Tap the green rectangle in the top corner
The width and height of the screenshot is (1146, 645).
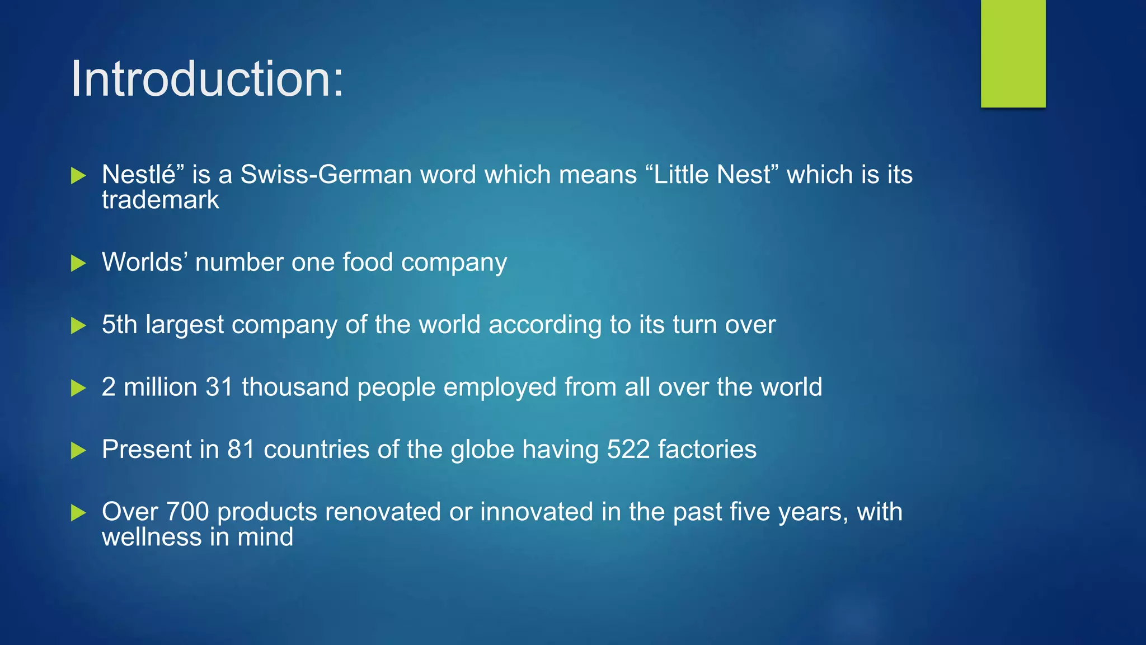[1013, 53]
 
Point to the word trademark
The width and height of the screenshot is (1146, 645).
[160, 200]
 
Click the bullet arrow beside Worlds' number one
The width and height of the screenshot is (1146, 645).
[78, 263]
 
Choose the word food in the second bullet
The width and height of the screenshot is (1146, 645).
[367, 262]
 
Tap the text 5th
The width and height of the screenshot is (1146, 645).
[119, 325]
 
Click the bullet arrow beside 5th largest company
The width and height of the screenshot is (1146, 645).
[78, 325]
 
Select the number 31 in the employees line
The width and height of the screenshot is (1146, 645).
[219, 387]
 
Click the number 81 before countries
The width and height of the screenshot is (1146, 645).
[241, 450]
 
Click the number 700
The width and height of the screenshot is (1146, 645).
[187, 512]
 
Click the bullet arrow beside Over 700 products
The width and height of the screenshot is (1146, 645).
[78, 512]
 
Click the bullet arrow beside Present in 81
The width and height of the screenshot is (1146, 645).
[78, 450]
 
